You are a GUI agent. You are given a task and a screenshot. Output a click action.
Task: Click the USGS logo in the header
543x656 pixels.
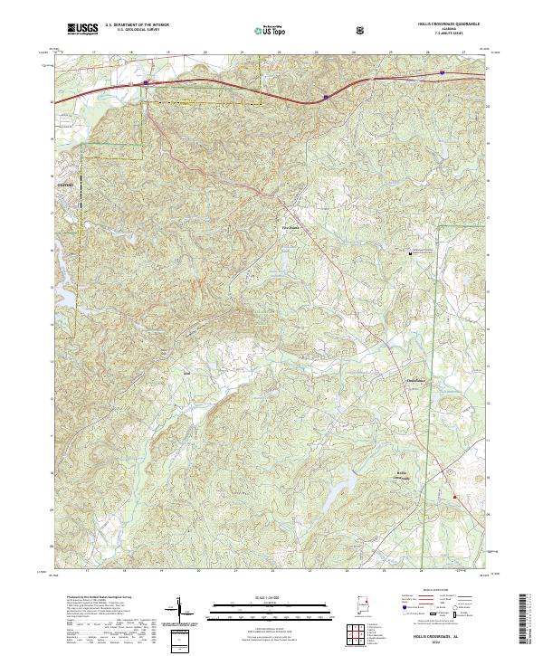pos(82,30)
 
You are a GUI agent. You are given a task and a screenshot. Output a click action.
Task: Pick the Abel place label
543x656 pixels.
pos(187,371)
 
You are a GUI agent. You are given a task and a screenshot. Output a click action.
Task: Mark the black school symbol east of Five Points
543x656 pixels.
pos(409,254)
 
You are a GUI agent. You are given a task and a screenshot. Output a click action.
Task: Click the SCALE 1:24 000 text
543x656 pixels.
pos(256,597)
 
